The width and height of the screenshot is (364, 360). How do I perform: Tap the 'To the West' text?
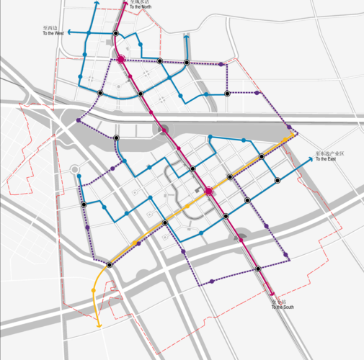tap(53, 33)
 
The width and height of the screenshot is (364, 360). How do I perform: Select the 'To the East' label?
tap(326, 159)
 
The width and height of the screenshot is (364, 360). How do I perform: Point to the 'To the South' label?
tap(283, 307)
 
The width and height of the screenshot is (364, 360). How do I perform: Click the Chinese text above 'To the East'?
tap(330, 153)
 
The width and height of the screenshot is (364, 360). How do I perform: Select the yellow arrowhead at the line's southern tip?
tap(99, 326)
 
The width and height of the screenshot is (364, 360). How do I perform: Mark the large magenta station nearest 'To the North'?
tap(121, 60)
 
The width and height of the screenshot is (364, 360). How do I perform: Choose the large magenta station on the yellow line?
tap(209, 191)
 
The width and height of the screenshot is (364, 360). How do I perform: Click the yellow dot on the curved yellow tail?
tap(94, 290)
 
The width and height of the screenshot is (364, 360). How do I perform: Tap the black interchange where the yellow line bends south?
tap(110, 265)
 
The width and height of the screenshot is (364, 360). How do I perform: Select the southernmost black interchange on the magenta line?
tap(258, 269)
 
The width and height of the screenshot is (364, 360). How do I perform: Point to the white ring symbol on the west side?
tap(75, 171)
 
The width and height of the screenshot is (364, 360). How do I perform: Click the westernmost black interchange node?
tap(84, 205)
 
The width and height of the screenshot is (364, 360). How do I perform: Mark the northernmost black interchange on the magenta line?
tap(115, 32)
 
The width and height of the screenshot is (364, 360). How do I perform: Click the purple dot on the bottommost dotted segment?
tap(211, 282)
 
